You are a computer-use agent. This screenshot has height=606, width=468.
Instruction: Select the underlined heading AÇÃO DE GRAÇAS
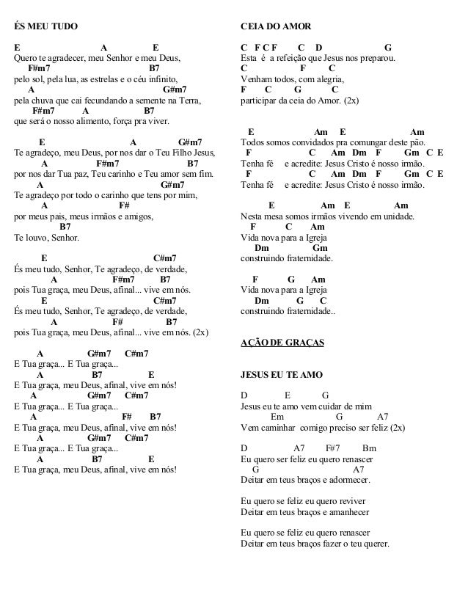[282, 343]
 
